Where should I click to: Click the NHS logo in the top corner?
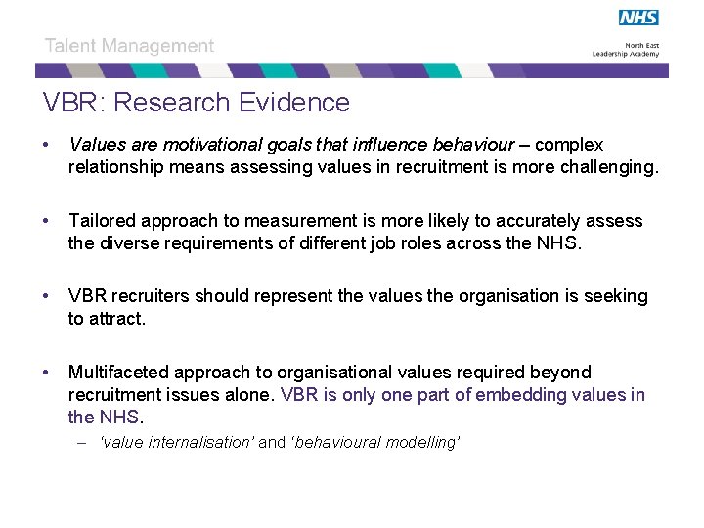coord(638,18)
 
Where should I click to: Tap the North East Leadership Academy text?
coord(626,50)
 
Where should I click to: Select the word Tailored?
coord(102,221)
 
